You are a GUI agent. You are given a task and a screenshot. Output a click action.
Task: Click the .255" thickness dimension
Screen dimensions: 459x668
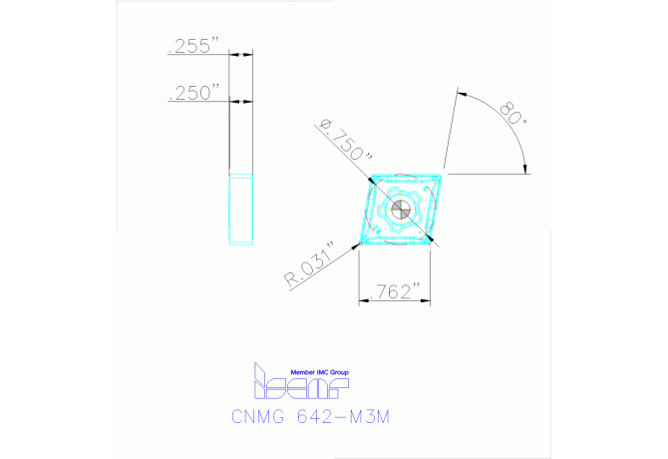click(x=194, y=46)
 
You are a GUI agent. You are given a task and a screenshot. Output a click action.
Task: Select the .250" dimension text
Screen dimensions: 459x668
click(x=194, y=92)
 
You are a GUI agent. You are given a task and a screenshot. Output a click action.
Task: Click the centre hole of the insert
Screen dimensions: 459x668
click(x=398, y=211)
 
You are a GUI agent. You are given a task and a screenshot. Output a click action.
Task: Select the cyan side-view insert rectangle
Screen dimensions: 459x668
click(x=241, y=209)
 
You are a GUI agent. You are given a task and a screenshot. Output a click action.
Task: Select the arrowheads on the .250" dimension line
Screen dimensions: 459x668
click(x=236, y=100)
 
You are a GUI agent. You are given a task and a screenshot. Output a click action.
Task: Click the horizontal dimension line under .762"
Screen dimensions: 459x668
click(x=395, y=300)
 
